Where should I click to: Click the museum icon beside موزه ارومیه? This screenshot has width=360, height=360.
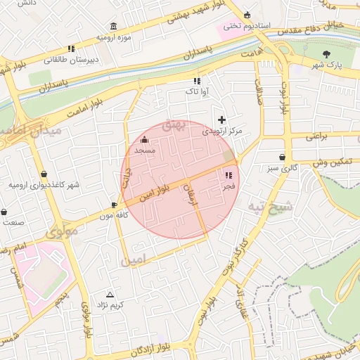coord(114,26)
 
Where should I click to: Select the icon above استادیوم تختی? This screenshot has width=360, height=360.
coord(247,15)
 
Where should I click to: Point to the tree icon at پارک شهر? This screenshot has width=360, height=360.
coord(327,54)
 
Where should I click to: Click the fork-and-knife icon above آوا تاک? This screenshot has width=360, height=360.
coord(196,81)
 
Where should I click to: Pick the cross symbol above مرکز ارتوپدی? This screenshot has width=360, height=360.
coord(222,120)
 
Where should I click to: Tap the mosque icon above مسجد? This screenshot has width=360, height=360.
coord(145,139)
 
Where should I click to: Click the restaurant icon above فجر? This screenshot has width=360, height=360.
coord(229,175)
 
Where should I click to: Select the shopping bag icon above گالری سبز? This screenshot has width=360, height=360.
coord(282,157)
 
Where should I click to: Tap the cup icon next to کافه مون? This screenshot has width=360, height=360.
coord(114,205)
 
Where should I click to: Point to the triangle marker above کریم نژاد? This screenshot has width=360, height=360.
coord(109,295)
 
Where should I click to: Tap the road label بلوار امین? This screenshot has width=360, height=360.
coord(155,193)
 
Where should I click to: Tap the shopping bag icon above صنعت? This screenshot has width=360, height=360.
coord(4,211)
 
